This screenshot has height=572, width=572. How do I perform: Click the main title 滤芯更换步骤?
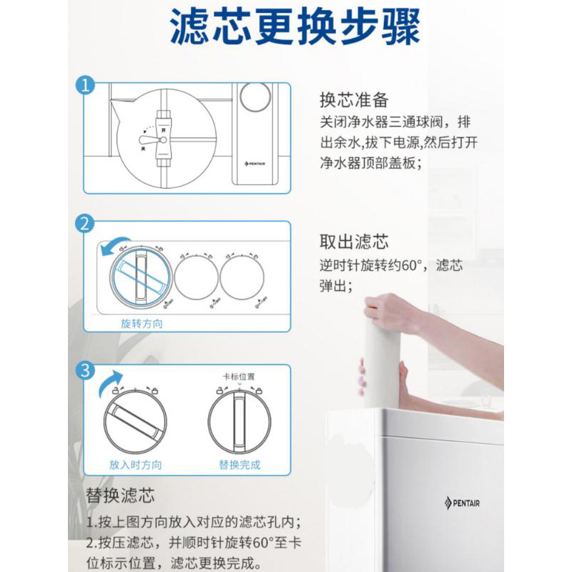click(294, 28)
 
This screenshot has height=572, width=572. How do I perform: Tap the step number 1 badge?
click(86, 87)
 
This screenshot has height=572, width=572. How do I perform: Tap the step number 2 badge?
click(86, 225)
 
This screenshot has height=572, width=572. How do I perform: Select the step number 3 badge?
click(86, 370)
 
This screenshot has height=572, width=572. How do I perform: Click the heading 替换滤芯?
click(121, 495)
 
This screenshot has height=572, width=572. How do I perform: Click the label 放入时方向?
click(135, 465)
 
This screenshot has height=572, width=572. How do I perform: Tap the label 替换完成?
click(240, 465)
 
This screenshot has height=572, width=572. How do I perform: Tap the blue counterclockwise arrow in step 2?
click(114, 245)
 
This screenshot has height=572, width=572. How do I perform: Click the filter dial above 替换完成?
click(240, 422)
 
